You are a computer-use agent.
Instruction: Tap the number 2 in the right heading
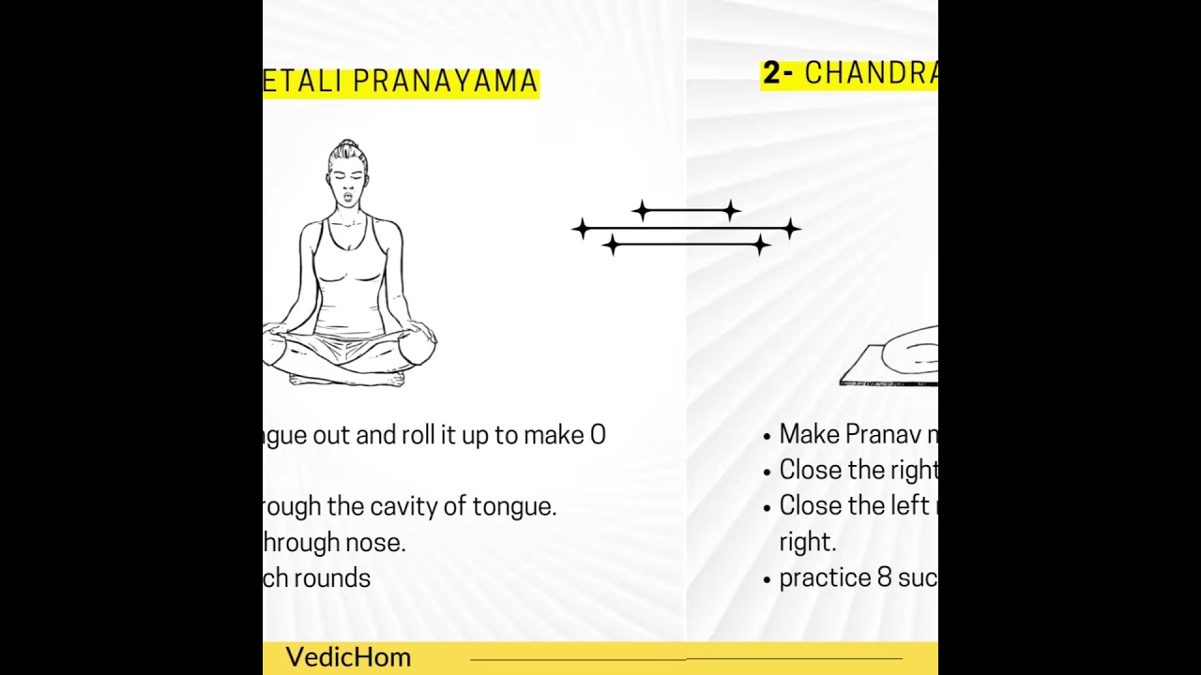point(771,74)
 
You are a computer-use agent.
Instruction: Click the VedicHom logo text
point(348,657)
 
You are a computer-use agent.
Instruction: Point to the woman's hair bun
point(347,147)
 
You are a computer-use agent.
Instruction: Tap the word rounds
point(332,578)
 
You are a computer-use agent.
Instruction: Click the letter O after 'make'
point(598,435)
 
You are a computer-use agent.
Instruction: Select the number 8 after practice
point(884,578)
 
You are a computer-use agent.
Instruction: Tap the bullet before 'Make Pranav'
point(768,436)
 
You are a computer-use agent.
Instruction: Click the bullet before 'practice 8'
point(768,579)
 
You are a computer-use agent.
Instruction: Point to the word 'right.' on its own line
point(807,543)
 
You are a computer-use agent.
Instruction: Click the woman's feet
point(347,379)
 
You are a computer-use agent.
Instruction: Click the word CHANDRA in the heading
point(871,74)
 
